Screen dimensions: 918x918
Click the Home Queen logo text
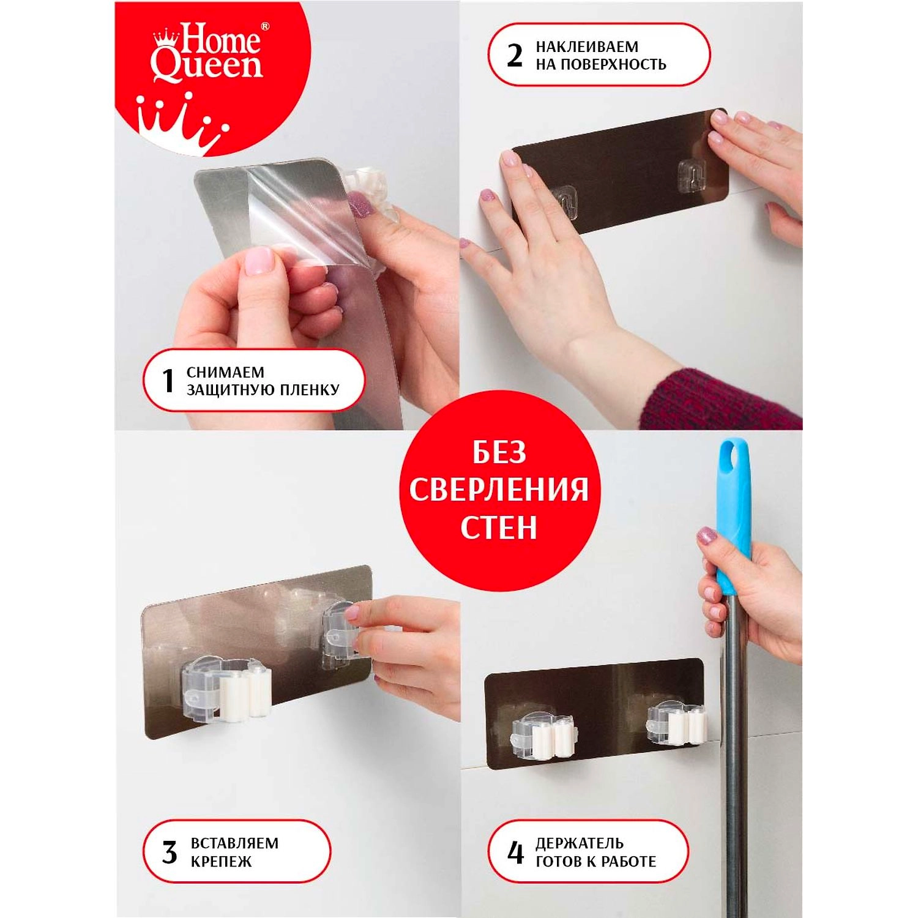coord(207,53)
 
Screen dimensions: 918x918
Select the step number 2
coord(515,55)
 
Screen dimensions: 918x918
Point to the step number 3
coord(170,852)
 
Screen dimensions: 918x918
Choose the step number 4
coord(516,852)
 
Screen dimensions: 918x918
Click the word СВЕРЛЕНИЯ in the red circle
coord(499,490)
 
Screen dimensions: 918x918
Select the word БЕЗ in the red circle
coord(499,453)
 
